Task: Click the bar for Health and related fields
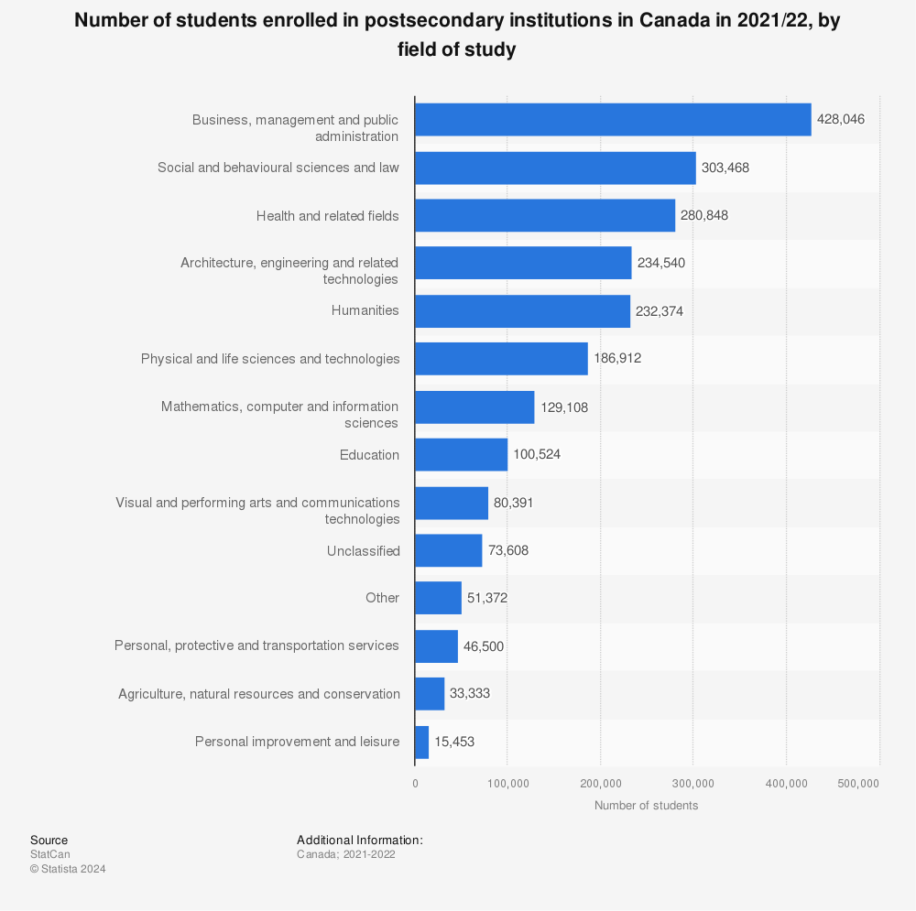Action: (x=545, y=215)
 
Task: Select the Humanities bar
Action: (x=523, y=311)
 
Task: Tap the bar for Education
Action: (x=462, y=455)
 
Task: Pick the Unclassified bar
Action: (x=449, y=550)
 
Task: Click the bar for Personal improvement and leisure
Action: (x=421, y=743)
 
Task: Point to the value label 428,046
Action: (x=841, y=119)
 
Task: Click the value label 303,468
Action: (x=725, y=168)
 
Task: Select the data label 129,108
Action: (x=564, y=407)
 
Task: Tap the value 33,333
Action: (x=470, y=693)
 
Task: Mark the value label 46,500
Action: (x=484, y=645)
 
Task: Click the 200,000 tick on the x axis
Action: (x=601, y=783)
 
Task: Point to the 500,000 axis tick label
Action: (x=858, y=783)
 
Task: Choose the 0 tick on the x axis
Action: (x=415, y=783)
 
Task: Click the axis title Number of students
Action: (x=646, y=806)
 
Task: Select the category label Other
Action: (x=383, y=597)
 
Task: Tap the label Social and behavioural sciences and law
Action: (x=278, y=168)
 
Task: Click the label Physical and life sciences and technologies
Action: (x=270, y=359)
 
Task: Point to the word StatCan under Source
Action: (x=50, y=853)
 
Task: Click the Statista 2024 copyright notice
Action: (x=68, y=868)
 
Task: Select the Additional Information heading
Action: (x=360, y=840)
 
